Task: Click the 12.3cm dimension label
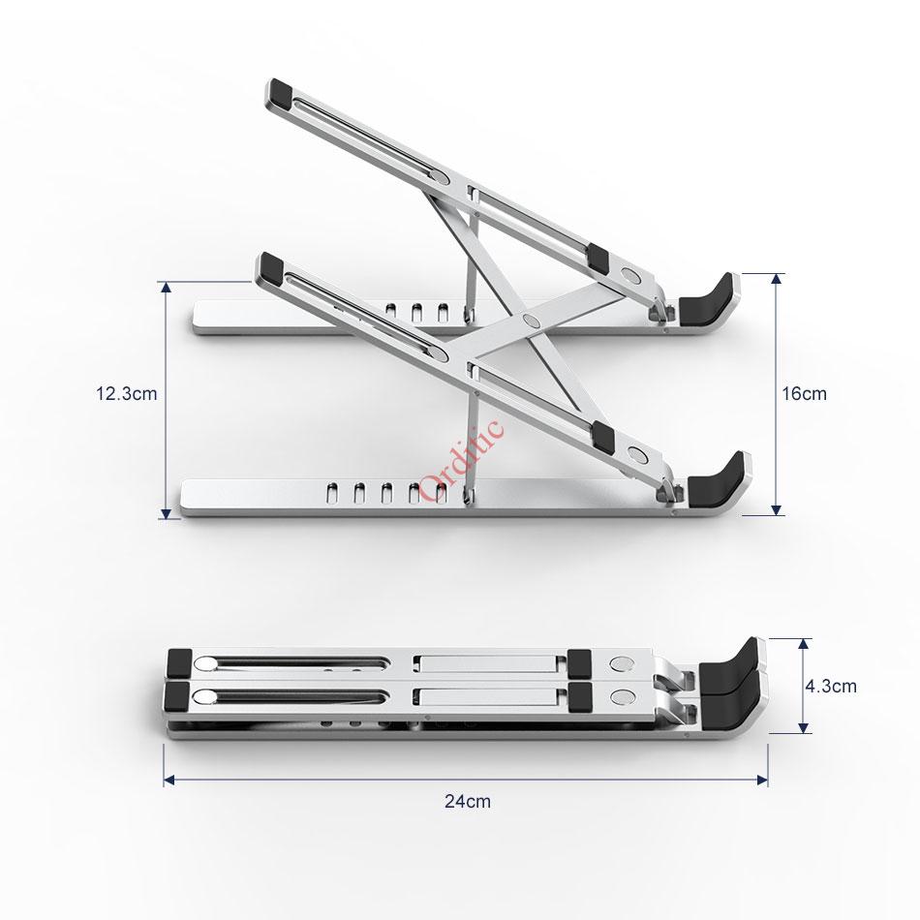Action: pos(125,394)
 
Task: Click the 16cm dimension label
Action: pos(805,394)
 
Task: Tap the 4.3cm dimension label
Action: pos(831,686)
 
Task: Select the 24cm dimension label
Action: pos(467,801)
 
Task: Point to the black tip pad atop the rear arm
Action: pos(280,94)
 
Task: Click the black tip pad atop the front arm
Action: pos(269,266)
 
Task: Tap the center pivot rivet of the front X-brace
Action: pos(529,319)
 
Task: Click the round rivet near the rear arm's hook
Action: pos(634,277)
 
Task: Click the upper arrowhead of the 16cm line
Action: pos(776,279)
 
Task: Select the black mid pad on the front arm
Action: pos(599,435)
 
